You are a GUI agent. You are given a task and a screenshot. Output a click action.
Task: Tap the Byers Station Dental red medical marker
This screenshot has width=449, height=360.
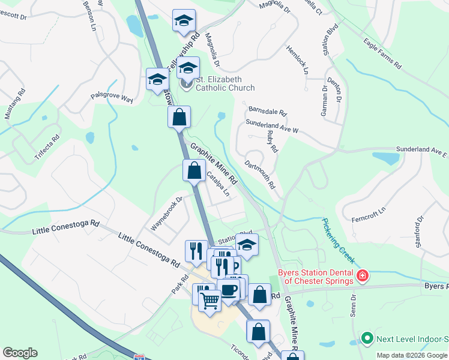[362, 276]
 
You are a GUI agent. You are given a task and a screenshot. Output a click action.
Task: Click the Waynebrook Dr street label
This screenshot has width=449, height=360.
[166, 214]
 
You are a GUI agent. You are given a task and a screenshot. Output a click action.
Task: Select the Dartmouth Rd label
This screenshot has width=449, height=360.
[260, 173]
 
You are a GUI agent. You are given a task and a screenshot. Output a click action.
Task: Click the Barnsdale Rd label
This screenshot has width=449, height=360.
[268, 112]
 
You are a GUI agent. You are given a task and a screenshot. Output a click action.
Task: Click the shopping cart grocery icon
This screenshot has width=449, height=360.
[210, 300]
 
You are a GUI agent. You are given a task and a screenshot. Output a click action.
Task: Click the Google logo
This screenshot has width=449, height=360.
[20, 353]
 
